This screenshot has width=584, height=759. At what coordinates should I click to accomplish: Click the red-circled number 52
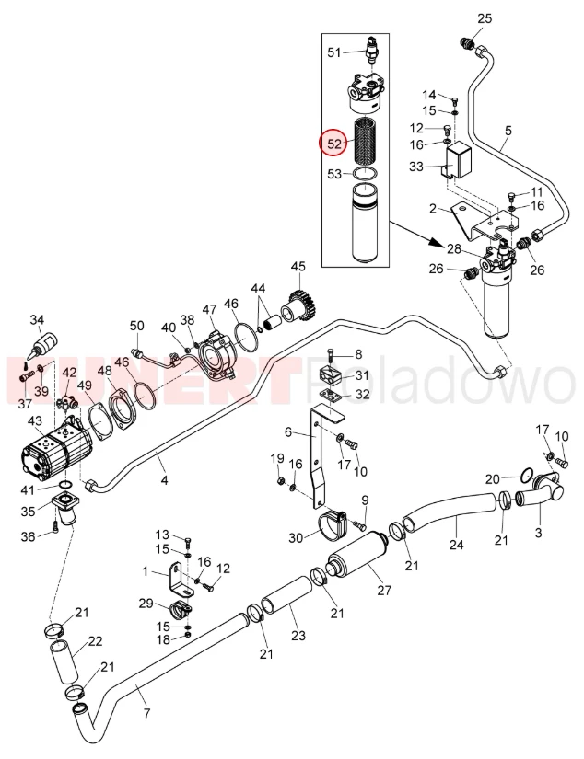coord(334,144)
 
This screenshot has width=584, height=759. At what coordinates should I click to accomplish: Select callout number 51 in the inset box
coord(334,52)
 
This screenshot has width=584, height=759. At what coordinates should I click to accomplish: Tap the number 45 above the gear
coord(297,267)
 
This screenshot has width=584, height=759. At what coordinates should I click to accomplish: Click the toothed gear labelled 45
coord(300,305)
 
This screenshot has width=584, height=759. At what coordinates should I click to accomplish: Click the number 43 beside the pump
coord(35,421)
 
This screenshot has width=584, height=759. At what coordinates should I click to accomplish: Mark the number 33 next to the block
coord(415,167)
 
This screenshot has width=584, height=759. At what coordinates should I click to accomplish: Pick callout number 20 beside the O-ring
coord(493,478)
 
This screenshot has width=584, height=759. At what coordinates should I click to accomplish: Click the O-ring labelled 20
coord(523,476)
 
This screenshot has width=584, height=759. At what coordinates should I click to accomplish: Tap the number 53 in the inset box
coord(334,172)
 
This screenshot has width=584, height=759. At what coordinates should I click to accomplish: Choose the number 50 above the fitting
coord(137,326)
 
